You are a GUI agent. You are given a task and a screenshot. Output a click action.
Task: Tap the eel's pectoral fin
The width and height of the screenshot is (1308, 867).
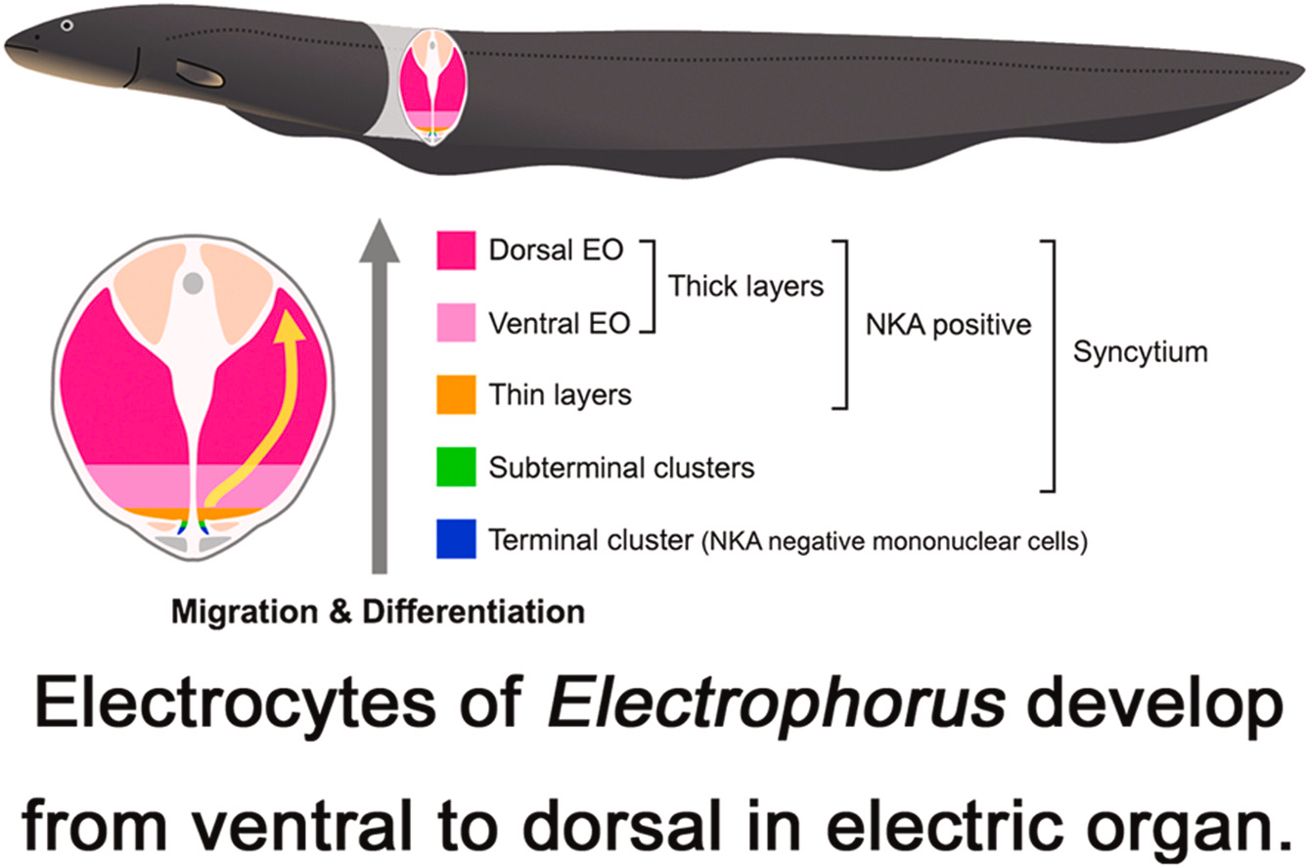(201, 72)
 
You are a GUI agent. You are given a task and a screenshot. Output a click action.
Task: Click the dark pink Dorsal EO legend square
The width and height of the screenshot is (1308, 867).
(456, 251)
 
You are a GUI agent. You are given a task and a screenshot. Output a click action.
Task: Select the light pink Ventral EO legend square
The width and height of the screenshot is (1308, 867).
(456, 323)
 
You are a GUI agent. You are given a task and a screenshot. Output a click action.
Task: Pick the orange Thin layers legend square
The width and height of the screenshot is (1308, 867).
(456, 394)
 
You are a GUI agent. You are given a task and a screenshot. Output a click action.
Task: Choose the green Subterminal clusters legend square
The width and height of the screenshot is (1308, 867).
(456, 467)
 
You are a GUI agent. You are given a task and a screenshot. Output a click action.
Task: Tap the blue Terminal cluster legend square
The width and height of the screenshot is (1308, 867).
(456, 539)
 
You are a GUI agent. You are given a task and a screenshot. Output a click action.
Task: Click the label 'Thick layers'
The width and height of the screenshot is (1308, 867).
(745, 287)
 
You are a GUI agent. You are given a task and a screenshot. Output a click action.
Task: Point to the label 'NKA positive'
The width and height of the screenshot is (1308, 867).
(948, 324)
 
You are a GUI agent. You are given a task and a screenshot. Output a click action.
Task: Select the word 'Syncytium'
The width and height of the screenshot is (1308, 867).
(1140, 352)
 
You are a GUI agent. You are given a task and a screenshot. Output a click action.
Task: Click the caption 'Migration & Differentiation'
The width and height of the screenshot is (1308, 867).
(378, 614)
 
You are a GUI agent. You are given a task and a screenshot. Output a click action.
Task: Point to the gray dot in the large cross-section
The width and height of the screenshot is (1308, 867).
(194, 283)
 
